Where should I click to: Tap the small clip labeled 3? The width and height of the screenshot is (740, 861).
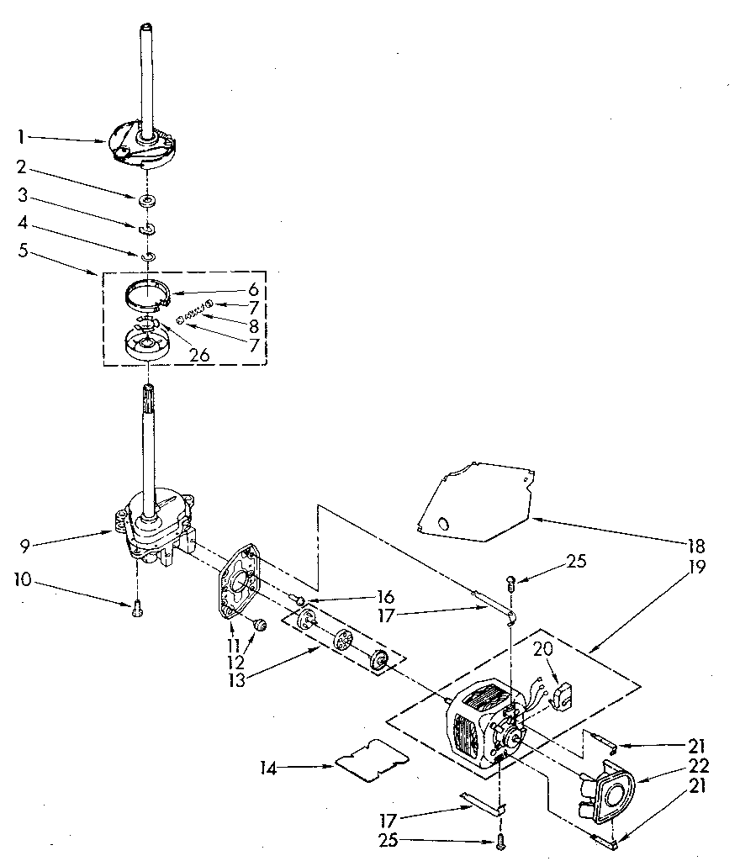coord(146,228)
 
